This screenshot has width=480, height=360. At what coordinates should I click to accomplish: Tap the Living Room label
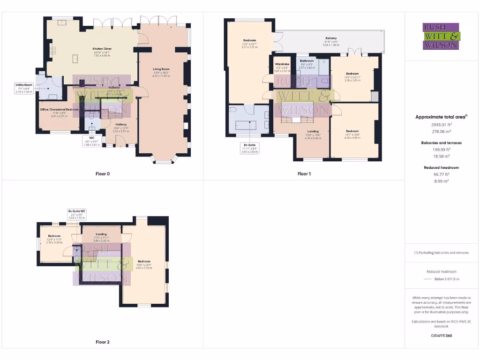(x=161, y=69)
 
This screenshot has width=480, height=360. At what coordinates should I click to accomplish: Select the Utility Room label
(x=23, y=85)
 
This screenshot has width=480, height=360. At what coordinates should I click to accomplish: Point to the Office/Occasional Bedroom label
(x=59, y=109)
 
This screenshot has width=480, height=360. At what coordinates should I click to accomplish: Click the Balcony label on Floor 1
(x=331, y=38)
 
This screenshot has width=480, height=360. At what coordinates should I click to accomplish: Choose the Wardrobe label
(x=282, y=64)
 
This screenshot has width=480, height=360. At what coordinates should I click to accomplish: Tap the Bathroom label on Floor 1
(x=307, y=61)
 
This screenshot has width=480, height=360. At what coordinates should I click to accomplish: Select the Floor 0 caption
(x=103, y=174)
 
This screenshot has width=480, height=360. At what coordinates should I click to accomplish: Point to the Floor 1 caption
(x=304, y=174)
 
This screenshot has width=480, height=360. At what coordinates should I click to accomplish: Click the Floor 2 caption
(x=103, y=342)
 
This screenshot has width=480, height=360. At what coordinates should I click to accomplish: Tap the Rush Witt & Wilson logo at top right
(x=442, y=36)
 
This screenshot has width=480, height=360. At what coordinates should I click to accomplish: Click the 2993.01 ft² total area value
(x=442, y=125)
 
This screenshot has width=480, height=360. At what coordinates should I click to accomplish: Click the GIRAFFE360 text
(x=442, y=336)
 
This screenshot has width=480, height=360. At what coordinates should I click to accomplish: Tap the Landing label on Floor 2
(x=101, y=234)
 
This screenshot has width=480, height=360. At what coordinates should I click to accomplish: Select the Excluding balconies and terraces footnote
(x=441, y=253)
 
